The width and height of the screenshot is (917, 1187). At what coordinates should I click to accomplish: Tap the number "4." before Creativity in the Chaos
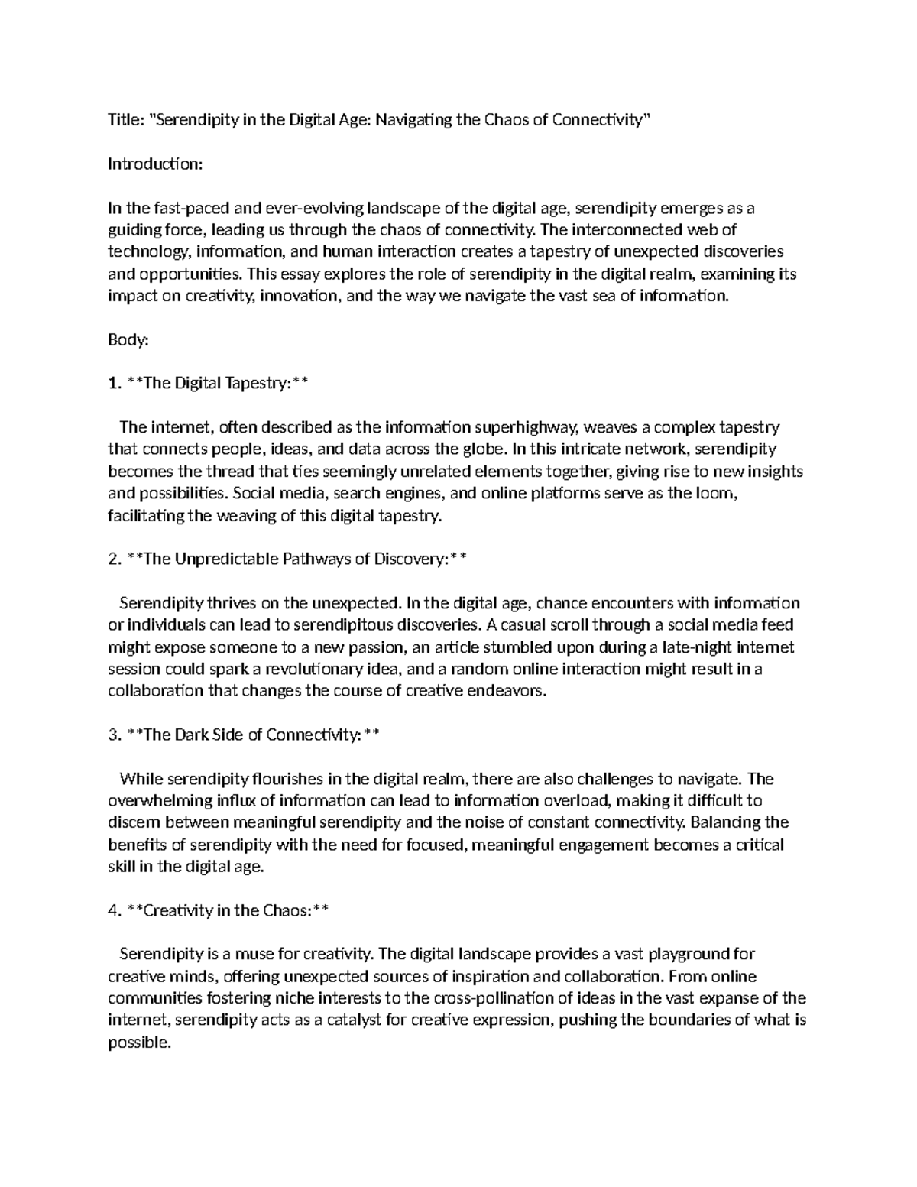click(115, 910)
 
